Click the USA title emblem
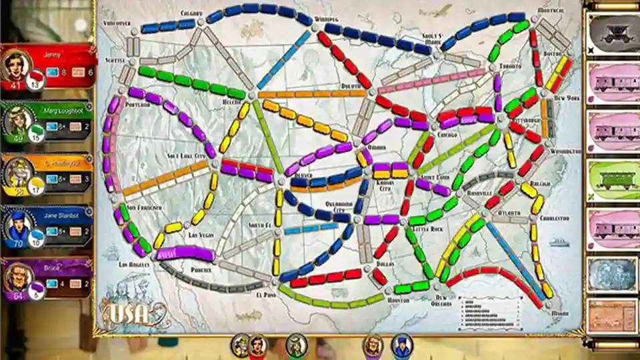(x=131, y=311)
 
